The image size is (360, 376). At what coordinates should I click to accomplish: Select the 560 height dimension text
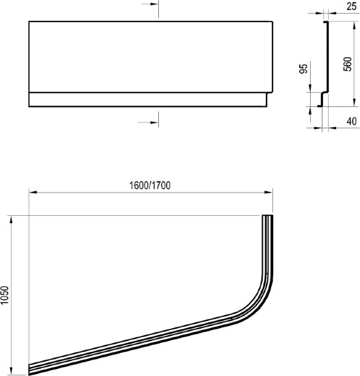pos(348,64)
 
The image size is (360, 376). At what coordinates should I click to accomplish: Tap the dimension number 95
pos(303,70)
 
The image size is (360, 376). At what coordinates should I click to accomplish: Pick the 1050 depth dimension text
pos(6,296)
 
